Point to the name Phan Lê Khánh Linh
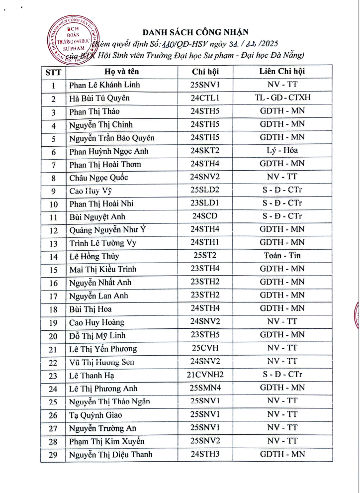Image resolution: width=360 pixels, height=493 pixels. (x=104, y=85)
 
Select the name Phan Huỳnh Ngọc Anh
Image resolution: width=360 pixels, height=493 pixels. (x=109, y=151)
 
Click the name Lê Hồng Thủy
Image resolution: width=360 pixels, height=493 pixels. (x=94, y=257)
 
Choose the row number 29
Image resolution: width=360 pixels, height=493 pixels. (x=53, y=455)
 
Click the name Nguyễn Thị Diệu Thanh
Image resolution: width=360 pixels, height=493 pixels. (x=110, y=454)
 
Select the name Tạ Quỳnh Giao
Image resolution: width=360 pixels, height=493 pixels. (x=96, y=415)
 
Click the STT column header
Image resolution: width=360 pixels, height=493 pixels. (x=53, y=71)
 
